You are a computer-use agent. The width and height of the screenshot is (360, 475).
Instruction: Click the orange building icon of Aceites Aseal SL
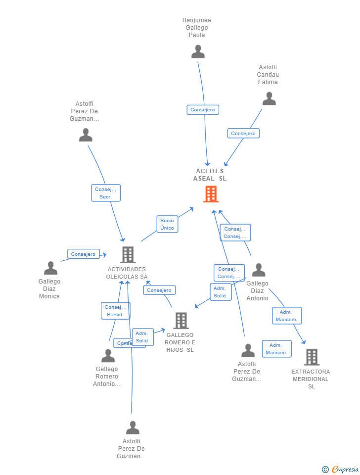[211, 194]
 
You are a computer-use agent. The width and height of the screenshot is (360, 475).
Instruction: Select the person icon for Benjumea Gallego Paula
[198, 51]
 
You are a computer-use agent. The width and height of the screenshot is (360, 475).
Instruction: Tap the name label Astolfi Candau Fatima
[268, 75]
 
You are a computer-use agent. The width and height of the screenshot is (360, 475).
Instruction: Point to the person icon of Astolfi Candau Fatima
[269, 98]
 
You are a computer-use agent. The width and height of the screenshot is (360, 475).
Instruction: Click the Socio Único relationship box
[167, 224]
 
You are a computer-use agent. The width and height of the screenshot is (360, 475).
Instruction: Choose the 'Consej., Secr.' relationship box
[106, 192]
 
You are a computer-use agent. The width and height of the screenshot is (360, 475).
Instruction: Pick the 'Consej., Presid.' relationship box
[115, 311]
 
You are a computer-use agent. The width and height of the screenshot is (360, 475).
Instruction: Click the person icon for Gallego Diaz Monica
[50, 268]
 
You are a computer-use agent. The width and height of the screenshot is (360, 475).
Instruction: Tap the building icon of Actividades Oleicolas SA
[128, 254]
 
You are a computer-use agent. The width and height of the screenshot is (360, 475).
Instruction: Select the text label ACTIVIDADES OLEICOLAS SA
[127, 273]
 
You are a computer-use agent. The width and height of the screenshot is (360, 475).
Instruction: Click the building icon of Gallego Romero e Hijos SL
[181, 321]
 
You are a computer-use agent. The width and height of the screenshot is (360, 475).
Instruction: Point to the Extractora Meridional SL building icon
[312, 357]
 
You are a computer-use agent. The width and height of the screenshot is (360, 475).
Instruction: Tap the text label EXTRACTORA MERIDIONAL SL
[311, 379]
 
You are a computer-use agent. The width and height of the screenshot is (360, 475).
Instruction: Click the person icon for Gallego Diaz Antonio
[259, 270]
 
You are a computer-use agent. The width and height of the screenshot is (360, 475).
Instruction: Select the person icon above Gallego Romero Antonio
[108, 356]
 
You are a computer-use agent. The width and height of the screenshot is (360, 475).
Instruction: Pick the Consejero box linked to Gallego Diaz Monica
[83, 254]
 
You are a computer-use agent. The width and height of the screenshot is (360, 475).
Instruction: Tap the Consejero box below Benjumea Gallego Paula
[203, 110]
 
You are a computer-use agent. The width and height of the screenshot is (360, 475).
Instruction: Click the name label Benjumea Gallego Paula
[197, 28]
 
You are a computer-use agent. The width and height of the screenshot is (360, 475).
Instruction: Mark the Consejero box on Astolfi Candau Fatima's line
[243, 134]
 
